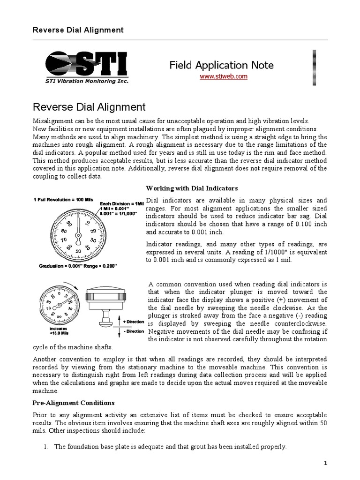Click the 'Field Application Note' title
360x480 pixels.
tap(221, 65)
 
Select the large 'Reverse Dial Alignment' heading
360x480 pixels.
tap(89, 107)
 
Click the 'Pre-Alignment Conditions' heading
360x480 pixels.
tap(73, 403)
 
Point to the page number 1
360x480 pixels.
tap(325, 463)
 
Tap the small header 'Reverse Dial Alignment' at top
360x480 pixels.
tap(78, 30)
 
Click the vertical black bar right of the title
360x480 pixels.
tap(309, 65)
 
